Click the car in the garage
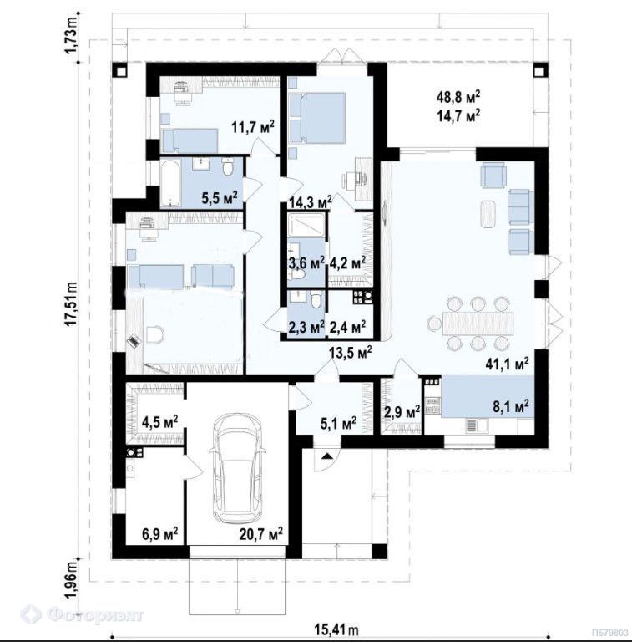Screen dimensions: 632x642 click(237, 462)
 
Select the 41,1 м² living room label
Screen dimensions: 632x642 click(509, 363)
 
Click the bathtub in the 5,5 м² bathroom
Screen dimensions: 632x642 click(170, 183)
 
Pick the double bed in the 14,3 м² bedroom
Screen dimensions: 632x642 click(316, 118)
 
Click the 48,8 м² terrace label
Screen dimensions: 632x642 click(458, 98)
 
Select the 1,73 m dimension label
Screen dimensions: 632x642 click(71, 37)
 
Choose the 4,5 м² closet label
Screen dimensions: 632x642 click(159, 421)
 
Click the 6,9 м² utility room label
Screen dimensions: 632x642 click(159, 534)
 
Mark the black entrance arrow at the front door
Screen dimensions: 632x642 click(327, 456)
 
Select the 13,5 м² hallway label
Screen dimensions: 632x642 click(351, 353)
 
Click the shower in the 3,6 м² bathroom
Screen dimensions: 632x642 click(306, 226)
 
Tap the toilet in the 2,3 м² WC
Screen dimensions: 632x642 click(315, 301)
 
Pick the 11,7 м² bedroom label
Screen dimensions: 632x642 click(253, 127)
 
